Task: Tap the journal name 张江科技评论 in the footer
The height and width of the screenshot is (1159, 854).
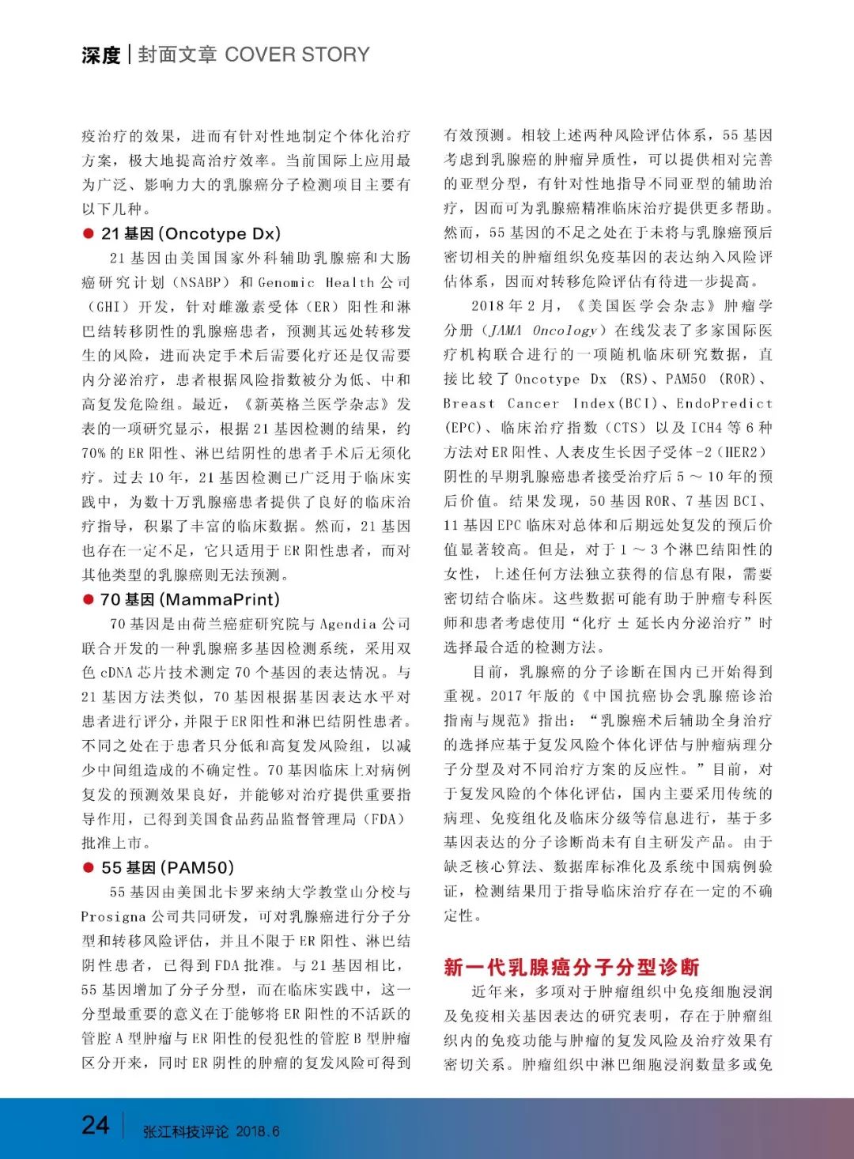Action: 186,1131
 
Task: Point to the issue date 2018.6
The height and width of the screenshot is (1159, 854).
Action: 258,1131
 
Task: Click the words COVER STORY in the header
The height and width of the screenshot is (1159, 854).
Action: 297,55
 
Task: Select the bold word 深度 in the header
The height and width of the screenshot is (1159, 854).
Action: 100,55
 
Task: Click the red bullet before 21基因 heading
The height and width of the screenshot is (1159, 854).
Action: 89,234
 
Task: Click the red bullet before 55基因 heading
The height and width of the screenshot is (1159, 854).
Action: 89,868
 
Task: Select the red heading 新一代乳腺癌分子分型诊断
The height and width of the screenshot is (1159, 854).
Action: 572,967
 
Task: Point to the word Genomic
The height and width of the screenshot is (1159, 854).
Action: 285,282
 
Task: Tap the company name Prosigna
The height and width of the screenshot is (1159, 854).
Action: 113,917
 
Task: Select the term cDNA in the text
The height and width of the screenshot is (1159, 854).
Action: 117,673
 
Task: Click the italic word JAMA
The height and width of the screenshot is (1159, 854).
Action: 506,330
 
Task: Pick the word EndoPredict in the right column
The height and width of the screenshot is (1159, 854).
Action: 724,403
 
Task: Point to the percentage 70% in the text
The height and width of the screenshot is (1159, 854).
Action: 94,453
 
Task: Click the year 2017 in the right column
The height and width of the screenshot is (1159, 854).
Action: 506,697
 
